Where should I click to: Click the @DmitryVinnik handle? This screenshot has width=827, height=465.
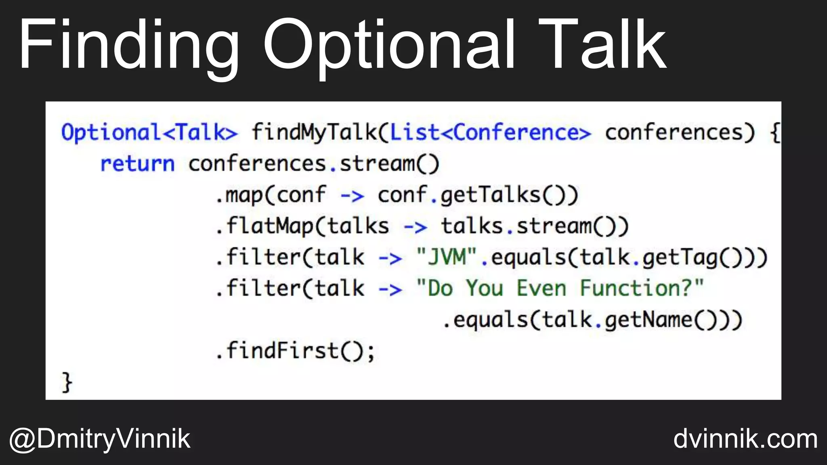pyautogui.click(x=100, y=439)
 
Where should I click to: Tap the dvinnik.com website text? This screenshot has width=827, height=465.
pyautogui.click(x=745, y=439)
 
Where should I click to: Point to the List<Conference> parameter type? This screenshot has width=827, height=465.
pyautogui.click(x=490, y=132)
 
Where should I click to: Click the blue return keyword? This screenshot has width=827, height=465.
pyautogui.click(x=137, y=164)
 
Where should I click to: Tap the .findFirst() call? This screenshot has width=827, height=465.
pyautogui.click(x=295, y=350)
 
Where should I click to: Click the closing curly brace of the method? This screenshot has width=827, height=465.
pyautogui.click(x=67, y=382)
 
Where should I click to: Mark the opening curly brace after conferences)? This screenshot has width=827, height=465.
pyautogui.click(x=775, y=132)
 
